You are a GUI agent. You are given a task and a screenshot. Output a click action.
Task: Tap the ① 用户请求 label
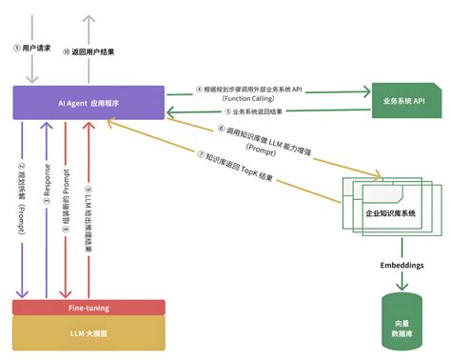coord(32,46)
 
